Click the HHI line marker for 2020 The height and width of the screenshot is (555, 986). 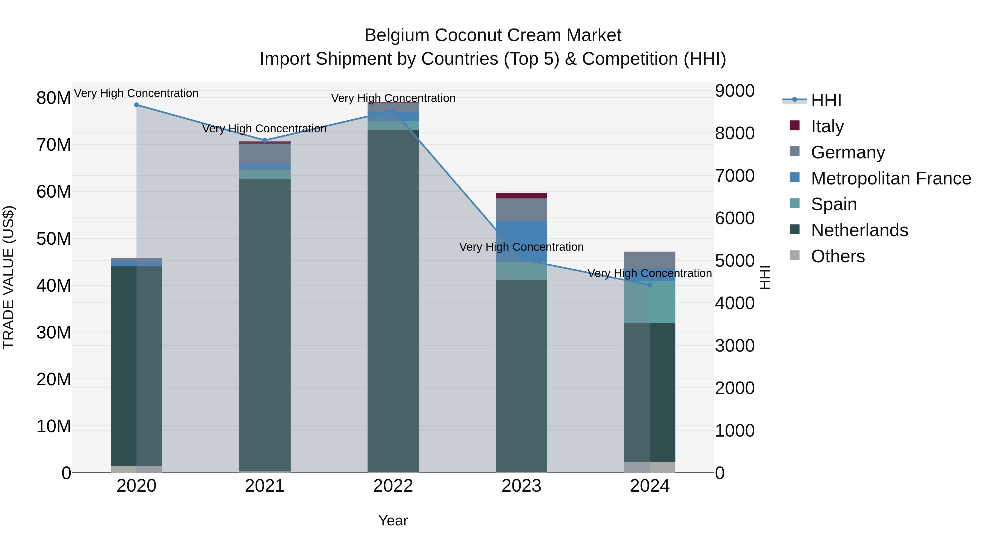click(136, 105)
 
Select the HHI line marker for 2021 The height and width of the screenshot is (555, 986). click(265, 141)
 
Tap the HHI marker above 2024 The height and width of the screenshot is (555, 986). click(650, 285)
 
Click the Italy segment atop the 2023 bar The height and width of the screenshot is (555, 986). click(521, 196)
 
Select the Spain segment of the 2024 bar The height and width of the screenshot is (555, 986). click(650, 303)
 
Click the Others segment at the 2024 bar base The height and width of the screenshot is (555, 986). click(650, 467)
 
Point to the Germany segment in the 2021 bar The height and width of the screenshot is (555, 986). click(265, 153)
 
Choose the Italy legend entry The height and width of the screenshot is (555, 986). click(827, 126)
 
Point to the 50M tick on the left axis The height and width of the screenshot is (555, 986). click(54, 239)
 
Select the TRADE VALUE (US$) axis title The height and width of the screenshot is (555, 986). click(8, 277)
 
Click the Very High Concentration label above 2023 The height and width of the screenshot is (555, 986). click(521, 247)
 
